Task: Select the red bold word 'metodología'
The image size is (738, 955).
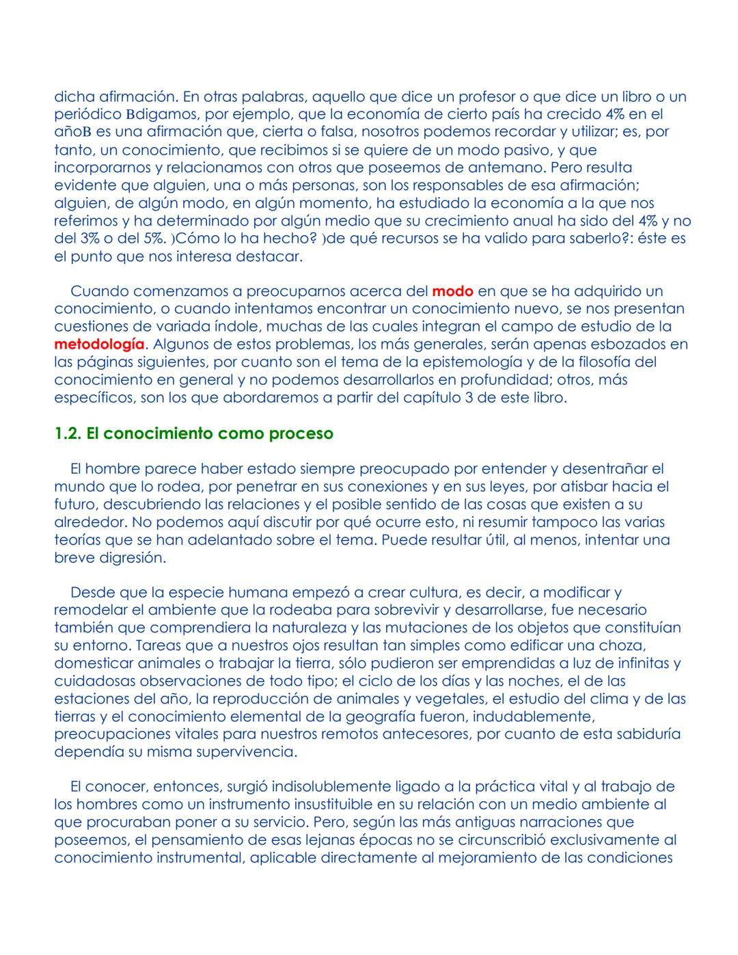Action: [x=99, y=345]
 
